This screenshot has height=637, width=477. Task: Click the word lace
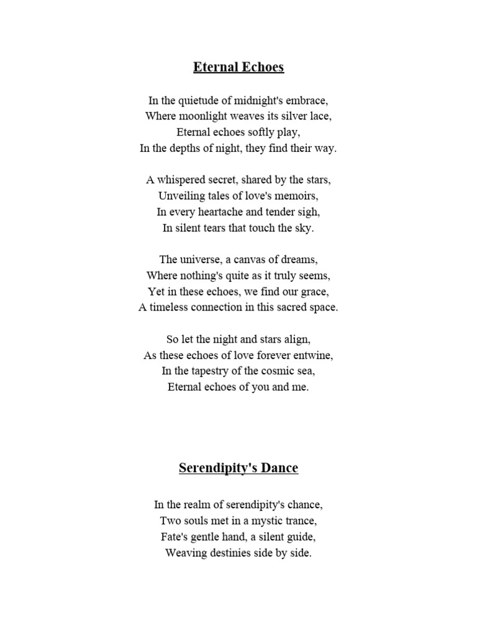pos(319,116)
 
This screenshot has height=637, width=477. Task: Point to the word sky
pos(305,228)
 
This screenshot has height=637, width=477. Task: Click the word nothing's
pos(200,276)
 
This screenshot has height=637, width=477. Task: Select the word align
pos(297,340)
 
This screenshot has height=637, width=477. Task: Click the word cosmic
pos(274,371)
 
